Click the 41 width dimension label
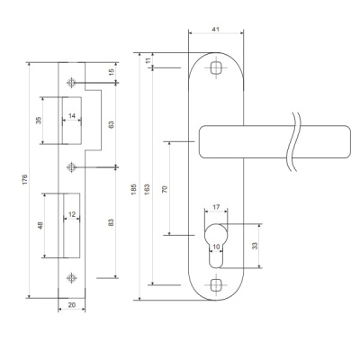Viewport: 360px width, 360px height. (x=215, y=29)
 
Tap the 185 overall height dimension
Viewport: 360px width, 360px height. (x=134, y=189)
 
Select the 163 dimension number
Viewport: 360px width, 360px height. (x=147, y=189)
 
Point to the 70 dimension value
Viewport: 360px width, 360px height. (x=165, y=189)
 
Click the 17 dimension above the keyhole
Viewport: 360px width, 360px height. (x=216, y=207)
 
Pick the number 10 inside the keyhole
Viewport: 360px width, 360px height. (x=216, y=247)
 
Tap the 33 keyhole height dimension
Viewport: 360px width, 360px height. (x=255, y=246)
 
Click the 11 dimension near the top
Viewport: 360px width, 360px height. (x=148, y=60)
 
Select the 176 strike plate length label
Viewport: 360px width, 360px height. (x=25, y=179)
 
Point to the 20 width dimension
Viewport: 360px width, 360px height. (x=72, y=305)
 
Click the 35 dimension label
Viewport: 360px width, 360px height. (x=39, y=121)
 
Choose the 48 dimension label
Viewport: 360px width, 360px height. (x=40, y=225)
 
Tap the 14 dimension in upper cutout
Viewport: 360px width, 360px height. (x=72, y=116)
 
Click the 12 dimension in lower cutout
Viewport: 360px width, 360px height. (x=72, y=214)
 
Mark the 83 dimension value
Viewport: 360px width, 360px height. (x=111, y=222)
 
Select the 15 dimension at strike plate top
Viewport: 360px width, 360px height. (x=111, y=72)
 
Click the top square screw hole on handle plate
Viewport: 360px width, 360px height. (x=215, y=67)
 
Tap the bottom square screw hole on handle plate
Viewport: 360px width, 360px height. (x=215, y=284)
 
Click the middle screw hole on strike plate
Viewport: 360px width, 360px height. (x=71, y=166)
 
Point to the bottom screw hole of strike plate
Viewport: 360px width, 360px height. (x=71, y=278)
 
